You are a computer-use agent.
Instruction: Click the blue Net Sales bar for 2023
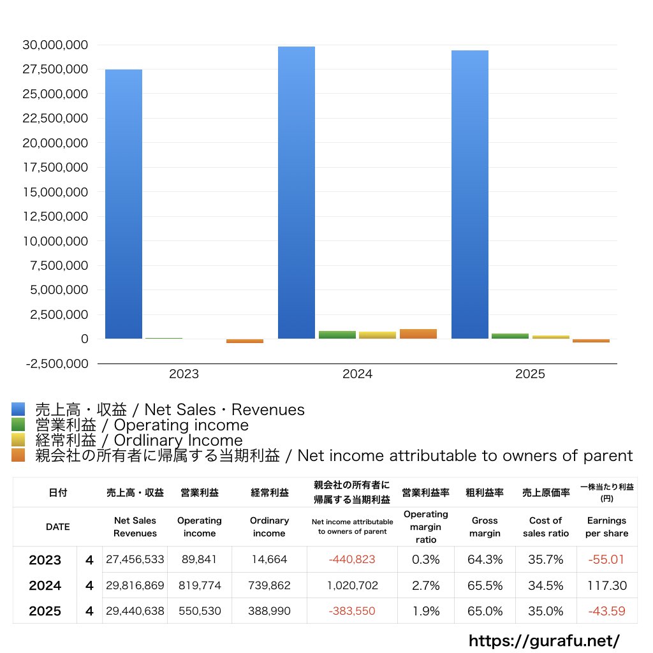point(123,204)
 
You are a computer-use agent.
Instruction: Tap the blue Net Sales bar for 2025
point(470,194)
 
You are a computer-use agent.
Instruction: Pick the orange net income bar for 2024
point(418,334)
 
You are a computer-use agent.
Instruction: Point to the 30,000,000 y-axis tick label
point(56,45)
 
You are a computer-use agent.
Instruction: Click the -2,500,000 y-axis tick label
point(56,363)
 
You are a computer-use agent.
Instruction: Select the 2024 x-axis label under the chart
point(357,374)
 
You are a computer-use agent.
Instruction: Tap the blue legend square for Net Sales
point(18,409)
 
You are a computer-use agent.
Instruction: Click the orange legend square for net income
point(18,455)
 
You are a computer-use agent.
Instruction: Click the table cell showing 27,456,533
point(135,560)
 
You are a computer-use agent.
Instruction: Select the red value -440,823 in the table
point(352,560)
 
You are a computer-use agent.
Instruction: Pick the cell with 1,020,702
point(352,585)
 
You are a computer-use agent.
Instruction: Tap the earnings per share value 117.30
point(606,585)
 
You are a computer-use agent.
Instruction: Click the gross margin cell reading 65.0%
point(485,611)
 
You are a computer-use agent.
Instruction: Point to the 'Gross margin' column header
point(485,527)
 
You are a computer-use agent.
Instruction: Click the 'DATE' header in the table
point(57,527)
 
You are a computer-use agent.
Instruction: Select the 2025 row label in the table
point(45,611)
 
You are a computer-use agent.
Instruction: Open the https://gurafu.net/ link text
point(544,640)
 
